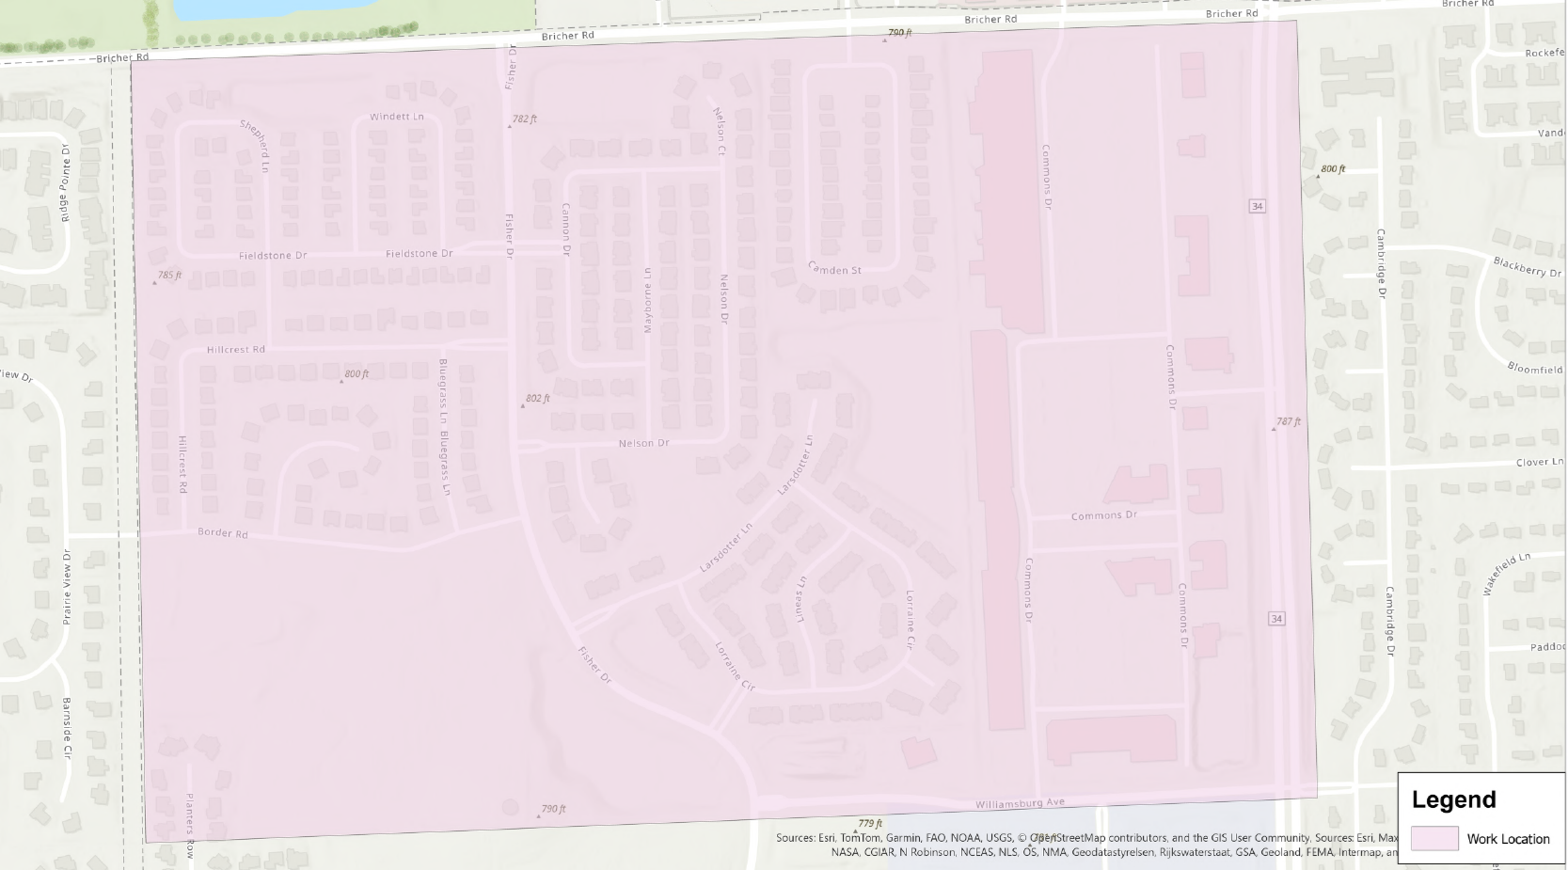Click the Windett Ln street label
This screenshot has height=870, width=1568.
click(x=396, y=117)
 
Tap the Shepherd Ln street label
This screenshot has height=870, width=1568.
click(x=255, y=145)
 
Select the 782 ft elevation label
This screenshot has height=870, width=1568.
click(x=524, y=119)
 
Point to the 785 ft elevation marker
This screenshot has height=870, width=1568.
click(x=168, y=276)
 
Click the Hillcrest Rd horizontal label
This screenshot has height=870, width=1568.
click(x=235, y=349)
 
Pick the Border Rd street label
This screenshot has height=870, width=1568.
click(x=222, y=533)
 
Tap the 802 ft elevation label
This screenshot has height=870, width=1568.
click(x=537, y=399)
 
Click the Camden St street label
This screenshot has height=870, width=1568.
click(x=834, y=269)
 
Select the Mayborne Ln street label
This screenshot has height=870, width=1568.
click(x=647, y=300)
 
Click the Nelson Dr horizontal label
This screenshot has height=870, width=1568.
click(x=643, y=443)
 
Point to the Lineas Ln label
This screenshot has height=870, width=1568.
click(x=800, y=598)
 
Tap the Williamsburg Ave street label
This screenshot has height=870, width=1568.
click(x=1020, y=803)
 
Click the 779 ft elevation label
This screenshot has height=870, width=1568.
click(x=870, y=824)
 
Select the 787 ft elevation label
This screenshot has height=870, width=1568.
click(x=1289, y=421)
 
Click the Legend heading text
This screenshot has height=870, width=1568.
click(x=1453, y=799)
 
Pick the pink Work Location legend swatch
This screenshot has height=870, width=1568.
click(x=1434, y=838)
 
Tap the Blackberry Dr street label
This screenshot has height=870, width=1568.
click(x=1528, y=267)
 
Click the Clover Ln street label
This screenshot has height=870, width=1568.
click(x=1539, y=462)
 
